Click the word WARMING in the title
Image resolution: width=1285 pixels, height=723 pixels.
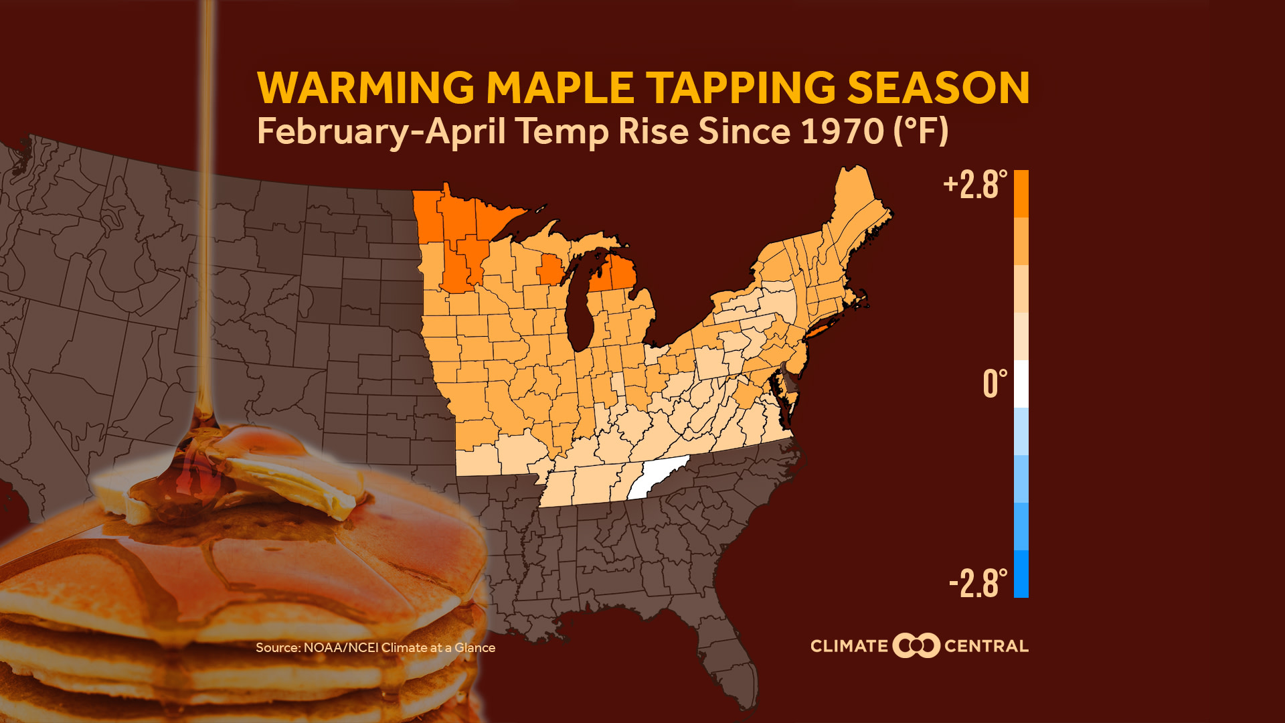point(365,88)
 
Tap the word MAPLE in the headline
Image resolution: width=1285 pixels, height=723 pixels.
point(560,88)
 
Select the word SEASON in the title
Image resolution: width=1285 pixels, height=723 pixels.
point(938,88)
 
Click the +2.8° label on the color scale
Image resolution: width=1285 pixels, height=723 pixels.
point(974,185)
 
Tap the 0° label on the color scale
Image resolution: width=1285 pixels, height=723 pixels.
point(995,384)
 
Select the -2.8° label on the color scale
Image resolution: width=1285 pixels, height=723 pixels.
point(978,583)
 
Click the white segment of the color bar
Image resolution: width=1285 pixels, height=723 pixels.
point(1021,384)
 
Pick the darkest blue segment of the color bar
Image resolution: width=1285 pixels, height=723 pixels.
point(1021,574)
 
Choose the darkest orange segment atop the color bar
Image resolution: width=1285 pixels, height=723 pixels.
point(1021,193)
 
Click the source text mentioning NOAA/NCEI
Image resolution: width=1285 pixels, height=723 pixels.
point(375,647)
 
